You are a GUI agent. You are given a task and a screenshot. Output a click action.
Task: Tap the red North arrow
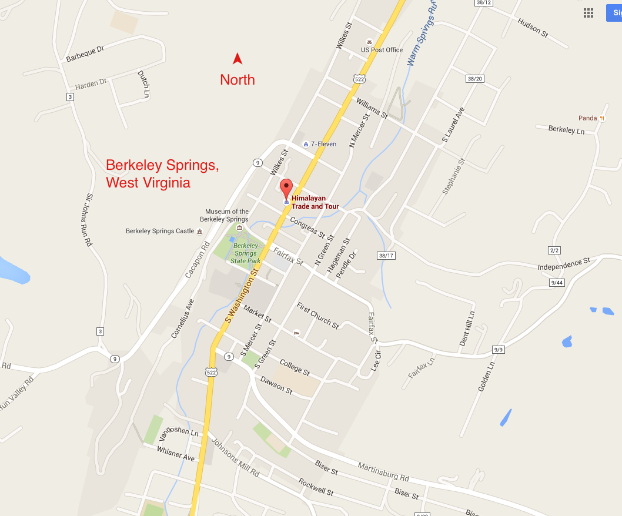pyautogui.click(x=238, y=58)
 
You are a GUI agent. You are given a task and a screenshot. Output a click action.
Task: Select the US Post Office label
pyautogui.click(x=382, y=50)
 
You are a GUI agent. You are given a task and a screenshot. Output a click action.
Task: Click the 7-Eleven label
pyautogui.click(x=323, y=144)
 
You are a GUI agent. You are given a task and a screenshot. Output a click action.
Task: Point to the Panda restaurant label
pyautogui.click(x=587, y=118)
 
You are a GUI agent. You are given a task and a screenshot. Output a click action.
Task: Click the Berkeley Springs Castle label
pyautogui.click(x=160, y=231)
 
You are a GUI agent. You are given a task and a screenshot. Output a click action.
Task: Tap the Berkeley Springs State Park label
pyautogui.click(x=245, y=253)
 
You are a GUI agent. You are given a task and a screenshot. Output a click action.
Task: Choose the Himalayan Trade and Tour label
pyautogui.click(x=316, y=202)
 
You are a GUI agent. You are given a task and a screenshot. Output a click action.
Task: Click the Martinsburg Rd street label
pyautogui.click(x=383, y=471)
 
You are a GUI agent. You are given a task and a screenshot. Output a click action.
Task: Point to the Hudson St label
pyautogui.click(x=533, y=28)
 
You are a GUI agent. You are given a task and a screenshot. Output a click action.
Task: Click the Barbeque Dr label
pyautogui.click(x=85, y=54)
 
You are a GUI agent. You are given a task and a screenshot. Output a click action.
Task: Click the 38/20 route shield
pyautogui.click(x=474, y=79)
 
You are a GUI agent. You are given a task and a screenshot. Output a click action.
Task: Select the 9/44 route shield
pyautogui.click(x=556, y=283)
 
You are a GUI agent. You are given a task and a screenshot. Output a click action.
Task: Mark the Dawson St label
pyautogui.click(x=276, y=386)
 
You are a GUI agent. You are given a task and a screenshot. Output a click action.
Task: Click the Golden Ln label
pyautogui.click(x=486, y=377)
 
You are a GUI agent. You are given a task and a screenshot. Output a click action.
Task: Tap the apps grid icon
pyautogui.click(x=588, y=13)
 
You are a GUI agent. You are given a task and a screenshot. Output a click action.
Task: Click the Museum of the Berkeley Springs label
pyautogui.click(x=227, y=215)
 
